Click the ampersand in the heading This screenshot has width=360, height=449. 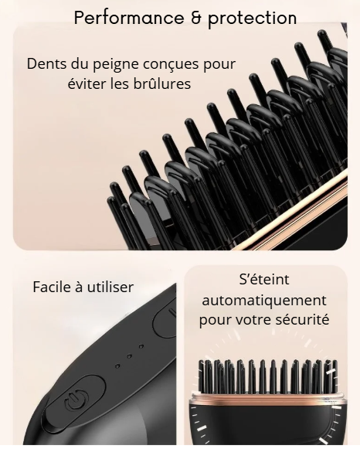pyautogui.click(x=195, y=18)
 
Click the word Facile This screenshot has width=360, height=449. pyautogui.click(x=52, y=287)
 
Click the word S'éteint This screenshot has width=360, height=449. pyautogui.click(x=264, y=280)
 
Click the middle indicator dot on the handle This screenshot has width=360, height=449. pyautogui.click(x=129, y=356)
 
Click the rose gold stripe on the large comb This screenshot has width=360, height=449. pyautogui.click(x=288, y=209)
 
